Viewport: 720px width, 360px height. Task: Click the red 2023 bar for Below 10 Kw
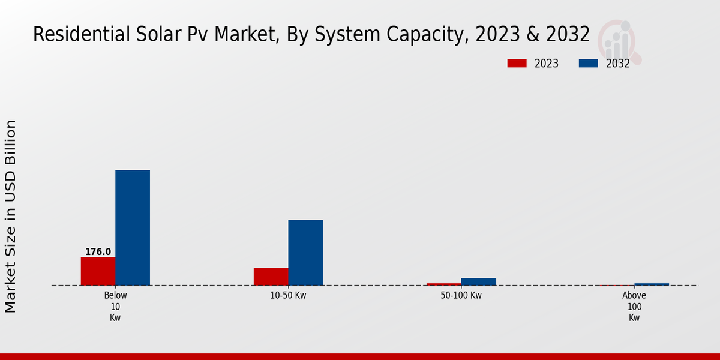[x=98, y=271]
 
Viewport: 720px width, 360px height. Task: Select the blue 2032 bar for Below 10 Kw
[x=133, y=228]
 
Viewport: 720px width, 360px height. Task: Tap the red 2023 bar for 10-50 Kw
[x=271, y=277]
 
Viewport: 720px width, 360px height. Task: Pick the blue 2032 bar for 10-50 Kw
[x=305, y=253]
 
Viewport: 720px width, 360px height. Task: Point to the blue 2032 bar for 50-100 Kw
[x=478, y=281]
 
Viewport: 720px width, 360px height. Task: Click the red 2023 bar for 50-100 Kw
[x=443, y=284]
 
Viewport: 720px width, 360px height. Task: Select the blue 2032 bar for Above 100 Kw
[x=652, y=284]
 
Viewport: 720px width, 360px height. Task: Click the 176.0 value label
[x=98, y=252]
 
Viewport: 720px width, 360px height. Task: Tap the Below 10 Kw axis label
[x=115, y=307]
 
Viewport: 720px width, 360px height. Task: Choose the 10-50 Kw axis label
[x=288, y=296]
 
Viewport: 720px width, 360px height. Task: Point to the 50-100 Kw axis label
[x=461, y=296]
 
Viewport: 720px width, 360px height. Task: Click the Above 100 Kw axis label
[x=634, y=307]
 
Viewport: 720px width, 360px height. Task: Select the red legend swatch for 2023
[x=517, y=64]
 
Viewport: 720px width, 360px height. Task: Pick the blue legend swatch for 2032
[x=588, y=64]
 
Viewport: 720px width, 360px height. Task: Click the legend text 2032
[x=617, y=64]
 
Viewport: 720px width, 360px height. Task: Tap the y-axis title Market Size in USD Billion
[x=11, y=216]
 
